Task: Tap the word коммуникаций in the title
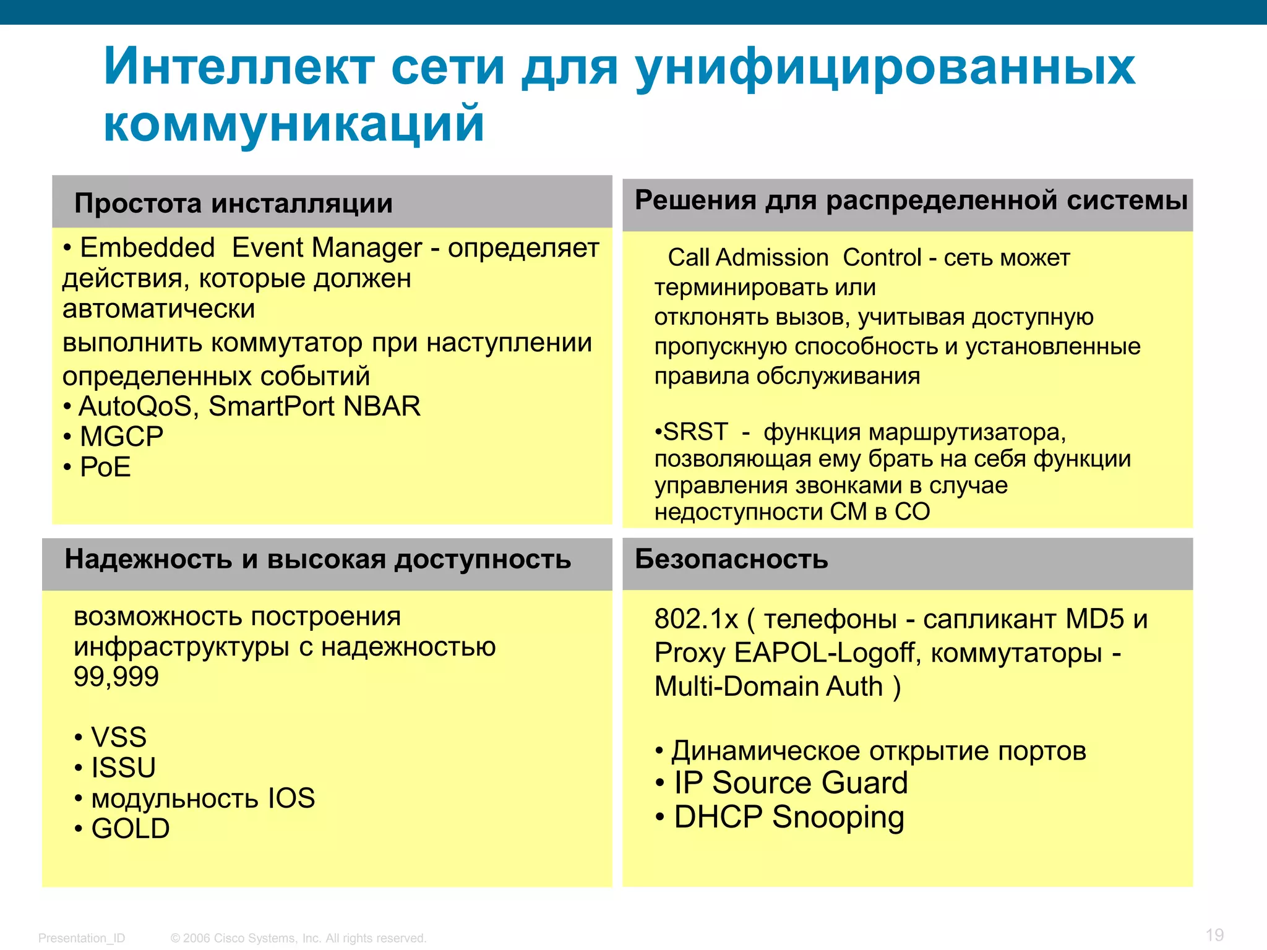coord(294,123)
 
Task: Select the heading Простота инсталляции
coord(233,203)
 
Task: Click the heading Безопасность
coord(731,559)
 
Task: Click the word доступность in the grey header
coord(483,559)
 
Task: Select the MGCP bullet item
coord(121,437)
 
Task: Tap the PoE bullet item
coord(105,467)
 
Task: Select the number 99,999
coord(116,677)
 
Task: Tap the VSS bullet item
coord(119,737)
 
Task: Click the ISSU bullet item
coord(123,768)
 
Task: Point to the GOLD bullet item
coord(131,829)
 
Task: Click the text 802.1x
coord(696,619)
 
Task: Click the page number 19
coord(1214,935)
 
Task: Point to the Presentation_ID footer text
coord(82,938)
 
